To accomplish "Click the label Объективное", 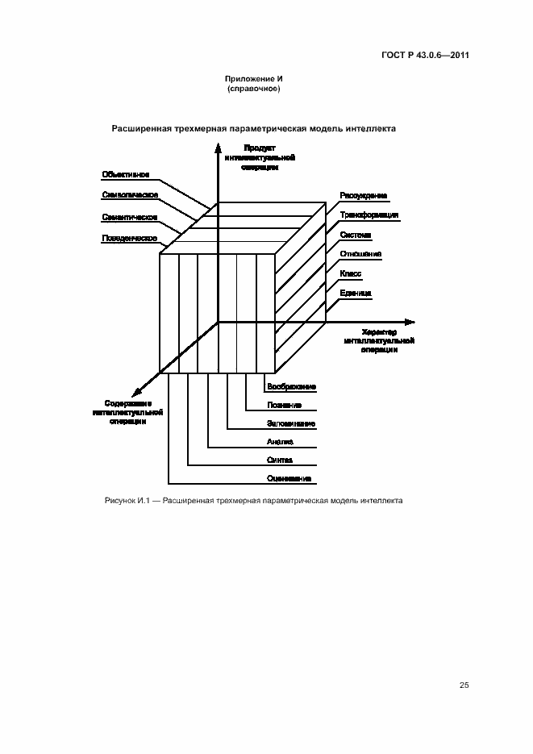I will tap(126, 174).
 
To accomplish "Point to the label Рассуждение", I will tap(363, 196).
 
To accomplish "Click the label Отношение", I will tap(360, 254).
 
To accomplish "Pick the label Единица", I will tap(356, 294).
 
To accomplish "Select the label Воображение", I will tap(291, 387).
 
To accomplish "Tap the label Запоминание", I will tap(291, 423).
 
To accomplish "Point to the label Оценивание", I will tap(290, 479).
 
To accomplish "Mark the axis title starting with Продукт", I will tap(260, 158).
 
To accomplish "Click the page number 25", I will tap(464, 685).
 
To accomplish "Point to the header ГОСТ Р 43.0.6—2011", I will tap(426, 56).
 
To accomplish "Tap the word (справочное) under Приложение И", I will tap(254, 89).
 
